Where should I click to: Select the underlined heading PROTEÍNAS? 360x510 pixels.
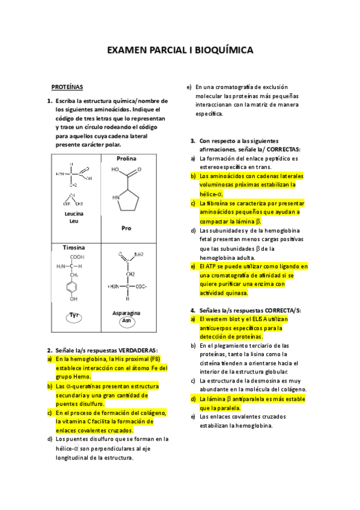tap(67, 87)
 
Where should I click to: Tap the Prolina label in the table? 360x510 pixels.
tap(126, 158)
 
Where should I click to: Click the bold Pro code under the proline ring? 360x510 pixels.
tap(126, 229)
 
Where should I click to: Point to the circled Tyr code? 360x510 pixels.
tap(75, 315)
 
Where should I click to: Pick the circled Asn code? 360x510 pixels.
tap(126, 321)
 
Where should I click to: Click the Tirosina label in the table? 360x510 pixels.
tap(74, 247)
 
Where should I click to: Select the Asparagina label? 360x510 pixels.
tap(126, 313)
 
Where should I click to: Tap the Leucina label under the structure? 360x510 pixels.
tap(73, 214)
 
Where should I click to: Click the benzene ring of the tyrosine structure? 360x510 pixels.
tap(73, 287)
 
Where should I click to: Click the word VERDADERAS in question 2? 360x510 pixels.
tap(138, 350)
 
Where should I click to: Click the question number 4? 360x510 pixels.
tap(192, 310)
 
